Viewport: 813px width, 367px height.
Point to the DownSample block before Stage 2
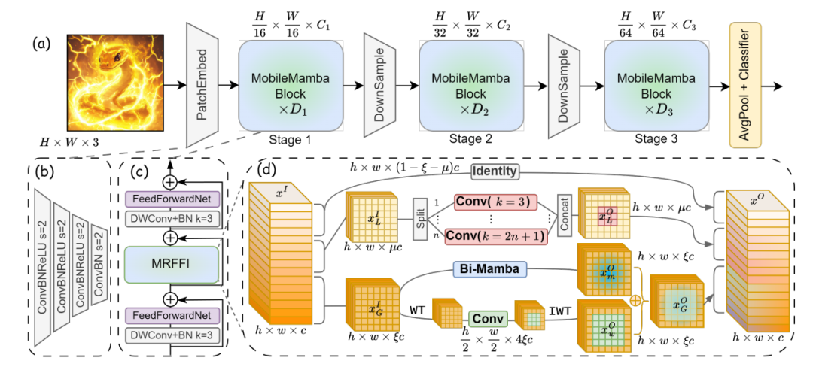[x=380, y=85]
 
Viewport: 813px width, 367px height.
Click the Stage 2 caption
[x=471, y=138]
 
